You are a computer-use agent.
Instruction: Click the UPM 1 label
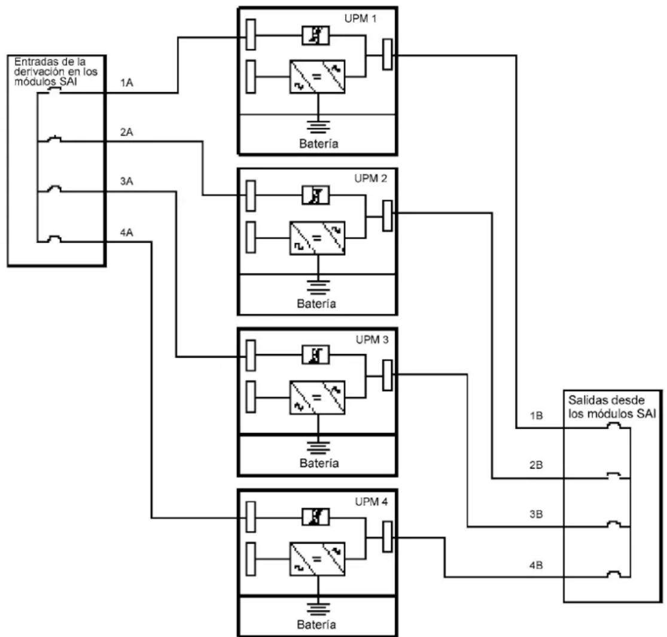pyautogui.click(x=360, y=19)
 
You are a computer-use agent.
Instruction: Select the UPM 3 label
pyautogui.click(x=371, y=340)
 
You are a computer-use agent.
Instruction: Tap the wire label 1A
pyautogui.click(x=126, y=83)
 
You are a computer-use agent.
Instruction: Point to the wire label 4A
pyautogui.click(x=126, y=233)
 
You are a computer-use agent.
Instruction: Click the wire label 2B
pyautogui.click(x=536, y=465)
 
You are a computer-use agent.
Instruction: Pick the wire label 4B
pyautogui.click(x=536, y=566)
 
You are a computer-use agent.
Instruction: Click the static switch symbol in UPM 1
pyautogui.click(x=315, y=36)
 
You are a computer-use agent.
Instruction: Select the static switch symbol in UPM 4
pyautogui.click(x=315, y=517)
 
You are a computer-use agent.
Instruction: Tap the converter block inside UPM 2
pyautogui.click(x=317, y=238)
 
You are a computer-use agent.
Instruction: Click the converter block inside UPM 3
pyautogui.click(x=317, y=398)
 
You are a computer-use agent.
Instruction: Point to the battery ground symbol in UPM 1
pyautogui.click(x=318, y=127)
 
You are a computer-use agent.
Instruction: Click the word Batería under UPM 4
pyautogui.click(x=316, y=624)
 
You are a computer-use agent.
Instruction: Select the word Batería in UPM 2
pyautogui.click(x=316, y=304)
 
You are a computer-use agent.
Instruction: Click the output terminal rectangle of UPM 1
pyautogui.click(x=387, y=54)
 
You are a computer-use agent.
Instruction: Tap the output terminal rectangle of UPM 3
pyautogui.click(x=387, y=375)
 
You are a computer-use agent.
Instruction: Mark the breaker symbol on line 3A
pyautogui.click(x=54, y=189)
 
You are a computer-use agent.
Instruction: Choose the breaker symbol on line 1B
pyautogui.click(x=613, y=425)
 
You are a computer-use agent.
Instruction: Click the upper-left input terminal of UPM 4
pyautogui.click(x=251, y=517)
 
